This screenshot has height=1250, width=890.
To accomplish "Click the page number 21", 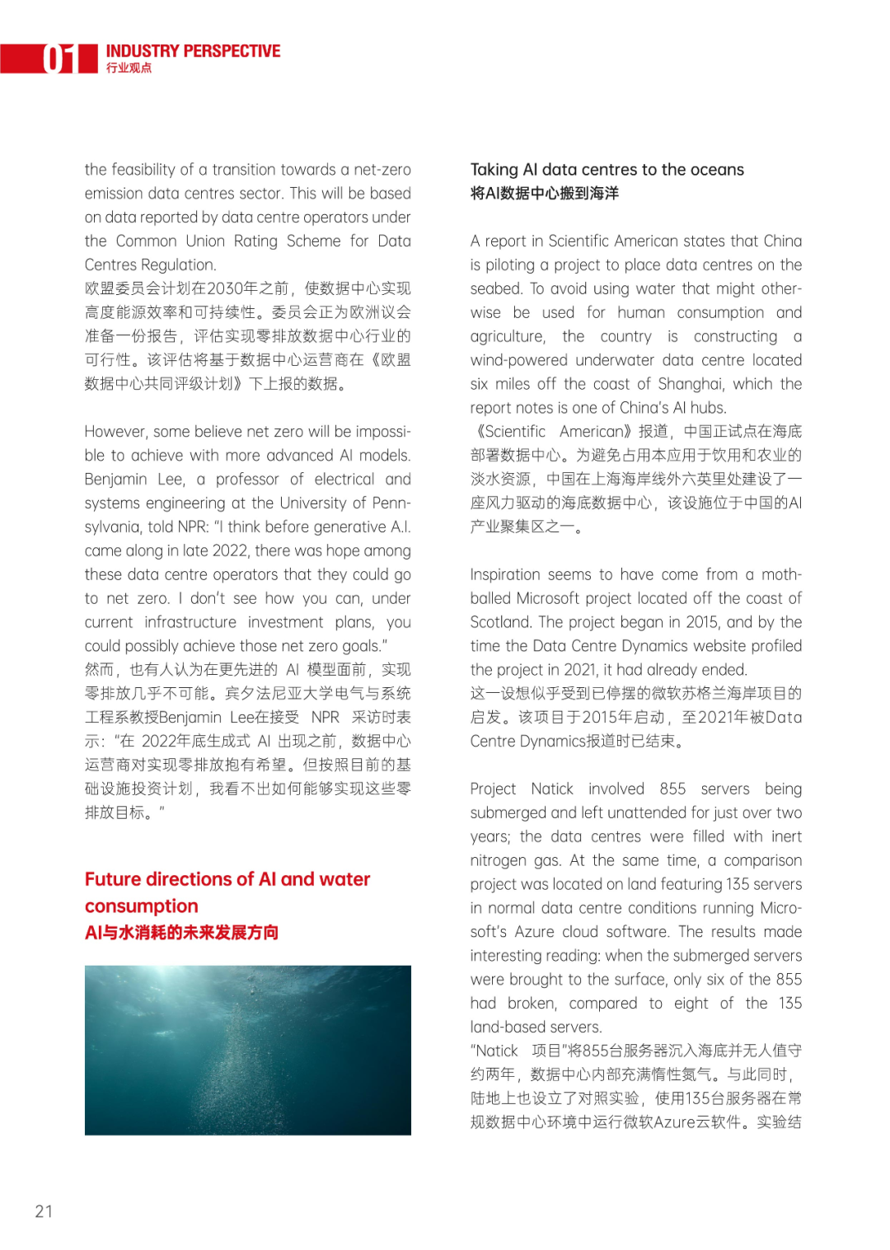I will click(x=44, y=1210).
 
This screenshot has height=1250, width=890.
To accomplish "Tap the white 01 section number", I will click(x=59, y=59).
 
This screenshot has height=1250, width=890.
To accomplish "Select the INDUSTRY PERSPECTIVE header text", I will click(x=193, y=51).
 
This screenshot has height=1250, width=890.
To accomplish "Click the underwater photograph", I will click(x=247, y=1050).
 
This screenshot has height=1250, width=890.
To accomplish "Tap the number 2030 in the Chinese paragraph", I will click(x=224, y=288).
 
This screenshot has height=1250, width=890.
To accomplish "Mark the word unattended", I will click(x=631, y=812).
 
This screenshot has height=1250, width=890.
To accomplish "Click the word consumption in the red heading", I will click(x=142, y=906).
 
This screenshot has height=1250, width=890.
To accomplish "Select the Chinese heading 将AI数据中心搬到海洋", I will click(x=544, y=194).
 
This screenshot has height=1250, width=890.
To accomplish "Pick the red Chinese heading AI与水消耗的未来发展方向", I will click(x=181, y=932).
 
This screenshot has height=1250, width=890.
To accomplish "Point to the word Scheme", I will click(x=313, y=241).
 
